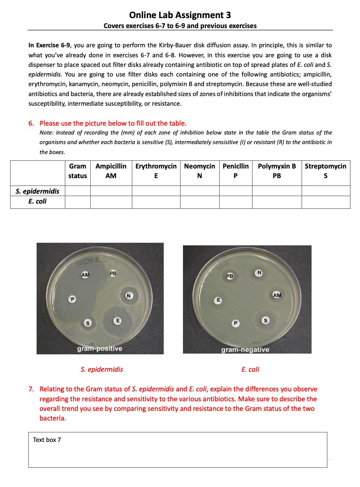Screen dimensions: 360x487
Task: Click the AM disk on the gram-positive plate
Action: (x=85, y=275)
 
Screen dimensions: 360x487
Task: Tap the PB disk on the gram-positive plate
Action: (x=113, y=273)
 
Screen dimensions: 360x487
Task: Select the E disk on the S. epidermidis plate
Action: (x=118, y=321)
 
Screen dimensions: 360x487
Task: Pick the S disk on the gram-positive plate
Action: (x=88, y=323)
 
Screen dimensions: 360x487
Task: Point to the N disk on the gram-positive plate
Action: (x=129, y=296)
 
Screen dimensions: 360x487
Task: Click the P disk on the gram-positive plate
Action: (x=72, y=299)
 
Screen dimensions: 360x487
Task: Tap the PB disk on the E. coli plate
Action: (x=230, y=276)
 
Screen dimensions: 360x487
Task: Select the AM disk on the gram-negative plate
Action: (x=277, y=295)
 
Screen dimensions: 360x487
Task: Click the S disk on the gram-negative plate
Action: (x=265, y=320)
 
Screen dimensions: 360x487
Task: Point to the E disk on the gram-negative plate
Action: (x=218, y=300)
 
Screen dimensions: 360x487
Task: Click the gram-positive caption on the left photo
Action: (x=99, y=349)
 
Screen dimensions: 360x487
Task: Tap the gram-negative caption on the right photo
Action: (x=245, y=350)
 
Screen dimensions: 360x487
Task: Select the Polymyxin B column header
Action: (x=277, y=171)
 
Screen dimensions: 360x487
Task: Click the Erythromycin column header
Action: (x=156, y=171)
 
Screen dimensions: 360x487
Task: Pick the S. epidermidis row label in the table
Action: (x=37, y=191)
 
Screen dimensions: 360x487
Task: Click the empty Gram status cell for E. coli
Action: (x=78, y=202)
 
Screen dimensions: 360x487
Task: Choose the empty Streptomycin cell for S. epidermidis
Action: (x=326, y=191)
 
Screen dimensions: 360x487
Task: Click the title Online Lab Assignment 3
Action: (x=180, y=15)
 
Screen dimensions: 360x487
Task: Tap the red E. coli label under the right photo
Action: (x=250, y=369)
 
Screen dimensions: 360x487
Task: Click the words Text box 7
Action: (x=47, y=440)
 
